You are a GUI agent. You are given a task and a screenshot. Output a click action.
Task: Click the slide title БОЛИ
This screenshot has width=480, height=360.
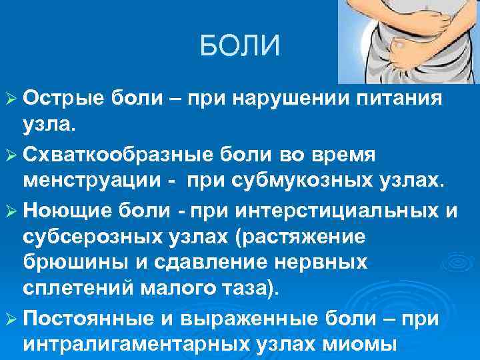(x=240, y=47)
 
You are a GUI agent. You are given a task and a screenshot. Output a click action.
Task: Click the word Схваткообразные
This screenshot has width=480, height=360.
(x=110, y=155)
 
